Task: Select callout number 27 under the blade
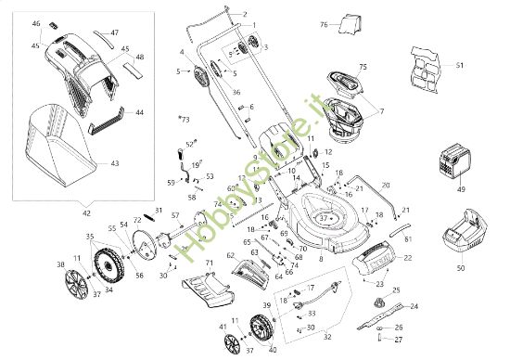(400, 341)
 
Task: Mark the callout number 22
(408, 257)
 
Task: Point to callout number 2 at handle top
(245, 14)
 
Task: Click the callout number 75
(363, 67)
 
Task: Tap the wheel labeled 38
(79, 283)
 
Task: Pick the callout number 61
(408, 238)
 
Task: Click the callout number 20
(385, 185)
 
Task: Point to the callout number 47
(114, 32)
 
